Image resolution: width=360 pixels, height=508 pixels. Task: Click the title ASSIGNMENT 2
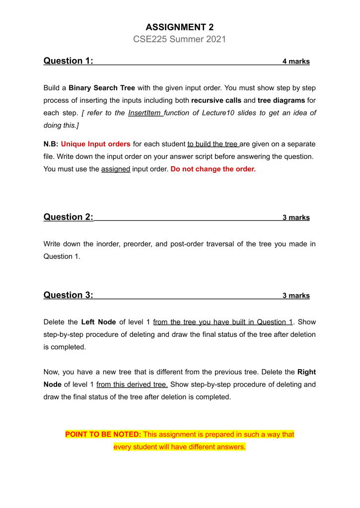(180, 27)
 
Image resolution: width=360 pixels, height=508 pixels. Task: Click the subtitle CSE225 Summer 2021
(180, 39)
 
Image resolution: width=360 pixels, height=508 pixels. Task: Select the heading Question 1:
(69, 61)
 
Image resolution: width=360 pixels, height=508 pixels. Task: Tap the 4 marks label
(296, 62)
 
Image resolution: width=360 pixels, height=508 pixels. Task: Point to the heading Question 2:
(69, 217)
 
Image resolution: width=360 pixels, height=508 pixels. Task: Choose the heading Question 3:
(69, 295)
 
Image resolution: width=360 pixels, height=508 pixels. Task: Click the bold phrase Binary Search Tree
(102, 88)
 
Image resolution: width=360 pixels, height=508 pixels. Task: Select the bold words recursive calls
(216, 101)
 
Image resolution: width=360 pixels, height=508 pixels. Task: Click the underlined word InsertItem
(144, 113)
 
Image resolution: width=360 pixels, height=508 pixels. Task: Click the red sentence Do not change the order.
(213, 169)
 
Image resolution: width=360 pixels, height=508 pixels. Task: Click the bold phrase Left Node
(98, 322)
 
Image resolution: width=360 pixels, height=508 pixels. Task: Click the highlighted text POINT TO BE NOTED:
(103, 435)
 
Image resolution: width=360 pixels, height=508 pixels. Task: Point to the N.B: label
(51, 144)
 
